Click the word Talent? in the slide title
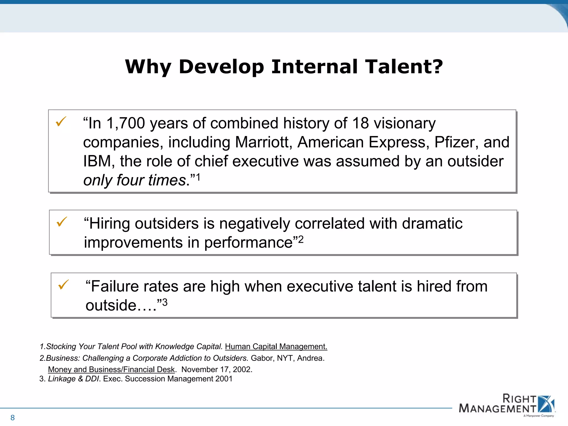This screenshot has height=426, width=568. click(x=404, y=67)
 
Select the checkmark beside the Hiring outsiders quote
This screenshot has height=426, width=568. click(x=62, y=222)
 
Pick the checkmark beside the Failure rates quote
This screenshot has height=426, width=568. click(x=63, y=285)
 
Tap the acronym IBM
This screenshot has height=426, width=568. click(x=97, y=161)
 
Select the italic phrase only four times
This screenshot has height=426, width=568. click(x=135, y=180)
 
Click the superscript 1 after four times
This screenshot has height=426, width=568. click(x=198, y=177)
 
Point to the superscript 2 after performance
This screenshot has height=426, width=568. click(x=301, y=239)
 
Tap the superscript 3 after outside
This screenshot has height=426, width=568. click(x=165, y=302)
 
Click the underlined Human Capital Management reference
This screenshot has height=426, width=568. click(x=276, y=347)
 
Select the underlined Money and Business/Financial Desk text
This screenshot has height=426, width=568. click(x=111, y=369)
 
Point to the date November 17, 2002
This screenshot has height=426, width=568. click(x=217, y=369)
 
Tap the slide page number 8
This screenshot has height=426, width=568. click(x=12, y=417)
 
